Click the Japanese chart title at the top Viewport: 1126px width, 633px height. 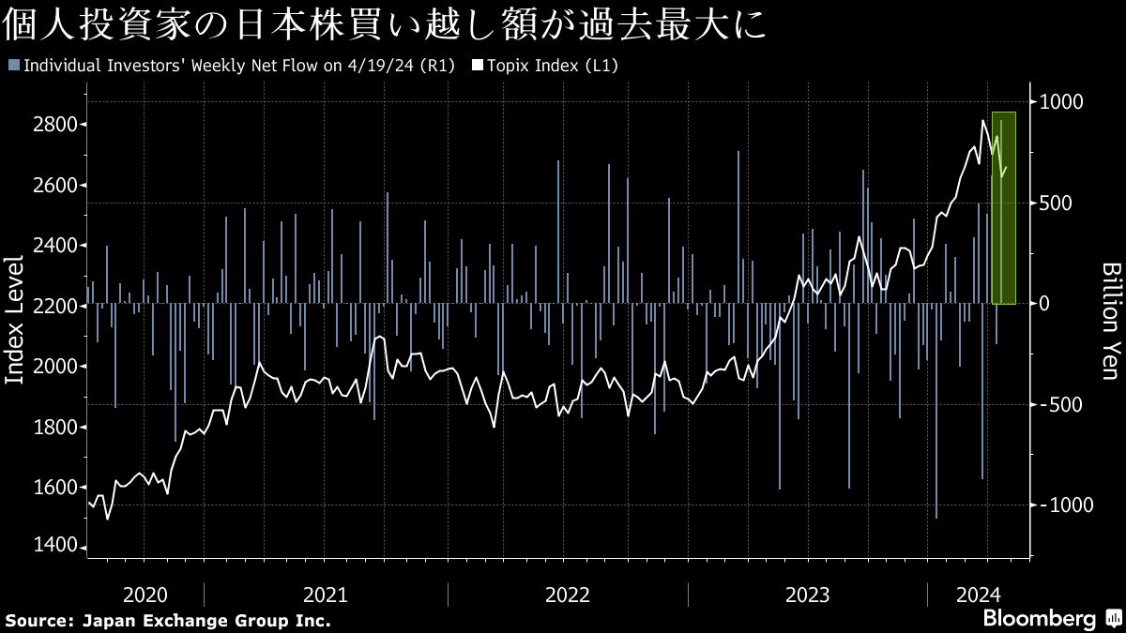(386, 25)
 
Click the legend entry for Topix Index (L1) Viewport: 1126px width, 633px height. (544, 66)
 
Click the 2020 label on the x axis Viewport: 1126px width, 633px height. (145, 595)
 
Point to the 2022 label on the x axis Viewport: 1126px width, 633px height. (567, 595)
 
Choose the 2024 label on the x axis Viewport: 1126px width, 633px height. (979, 595)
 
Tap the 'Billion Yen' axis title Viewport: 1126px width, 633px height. (1110, 321)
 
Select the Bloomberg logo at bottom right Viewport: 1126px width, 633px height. (1040, 619)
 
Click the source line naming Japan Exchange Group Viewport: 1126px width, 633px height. (169, 621)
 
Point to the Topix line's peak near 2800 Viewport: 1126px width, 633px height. (983, 121)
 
